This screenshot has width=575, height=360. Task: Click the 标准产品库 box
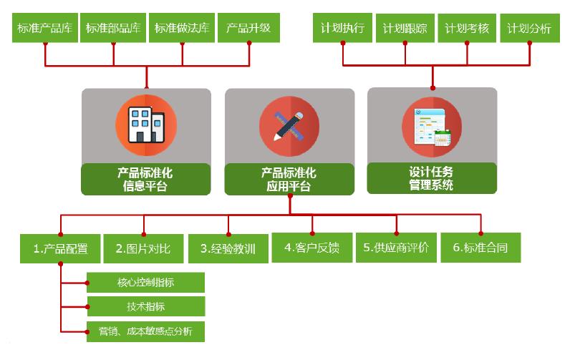[45, 29]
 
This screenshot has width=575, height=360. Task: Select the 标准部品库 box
[112, 29]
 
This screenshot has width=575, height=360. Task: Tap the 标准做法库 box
[182, 29]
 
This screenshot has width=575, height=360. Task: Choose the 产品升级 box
[248, 29]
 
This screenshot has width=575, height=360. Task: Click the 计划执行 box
[344, 29]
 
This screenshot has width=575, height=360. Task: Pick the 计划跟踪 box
[405, 29]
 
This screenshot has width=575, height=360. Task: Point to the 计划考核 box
[467, 29]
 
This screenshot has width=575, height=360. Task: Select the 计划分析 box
[529, 29]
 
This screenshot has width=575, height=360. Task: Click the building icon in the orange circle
[145, 125]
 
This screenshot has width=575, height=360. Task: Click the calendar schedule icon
[432, 125]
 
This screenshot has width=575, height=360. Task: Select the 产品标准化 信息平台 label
[145, 180]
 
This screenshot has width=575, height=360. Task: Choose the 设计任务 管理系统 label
[432, 178]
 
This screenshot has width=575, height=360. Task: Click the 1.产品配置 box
[61, 249]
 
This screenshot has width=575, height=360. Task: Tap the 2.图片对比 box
[144, 249]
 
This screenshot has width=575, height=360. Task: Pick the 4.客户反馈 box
[312, 248]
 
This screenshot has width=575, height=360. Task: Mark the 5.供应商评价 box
[396, 248]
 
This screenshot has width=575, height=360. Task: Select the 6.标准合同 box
[480, 248]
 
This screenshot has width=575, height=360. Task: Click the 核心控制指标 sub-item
[145, 282]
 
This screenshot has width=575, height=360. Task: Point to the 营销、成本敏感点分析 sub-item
[145, 331]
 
